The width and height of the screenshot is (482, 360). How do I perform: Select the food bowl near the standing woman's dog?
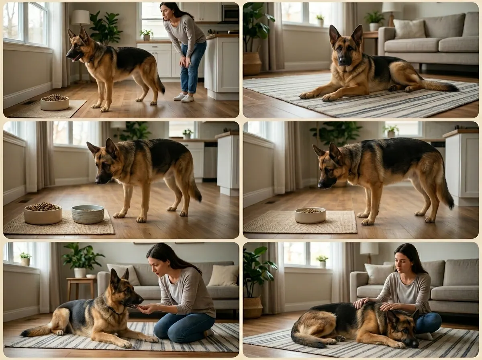[55, 103]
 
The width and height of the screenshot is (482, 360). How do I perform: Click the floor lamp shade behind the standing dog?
[81, 17]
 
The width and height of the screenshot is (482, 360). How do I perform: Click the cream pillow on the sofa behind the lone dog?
[409, 29]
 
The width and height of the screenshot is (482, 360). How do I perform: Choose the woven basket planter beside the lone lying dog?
[252, 63]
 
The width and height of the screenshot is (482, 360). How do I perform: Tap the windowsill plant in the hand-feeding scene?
[25, 258]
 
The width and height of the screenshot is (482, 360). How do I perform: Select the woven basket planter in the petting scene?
[253, 307]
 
